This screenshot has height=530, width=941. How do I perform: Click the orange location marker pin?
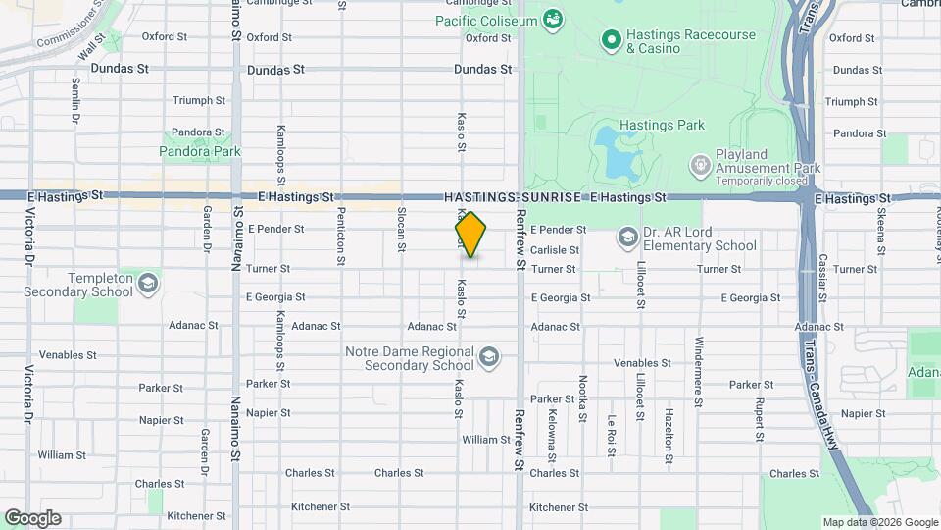pos(470,235)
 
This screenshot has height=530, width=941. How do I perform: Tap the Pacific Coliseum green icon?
pos(553,19)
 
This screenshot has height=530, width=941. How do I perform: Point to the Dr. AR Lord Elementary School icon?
pos(626,238)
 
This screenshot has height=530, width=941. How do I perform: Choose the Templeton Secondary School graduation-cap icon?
pos(146,285)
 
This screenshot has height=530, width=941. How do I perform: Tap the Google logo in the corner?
pos(32,518)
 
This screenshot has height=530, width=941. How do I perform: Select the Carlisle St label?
pos(556,249)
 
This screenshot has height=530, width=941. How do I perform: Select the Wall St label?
pos(92,46)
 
